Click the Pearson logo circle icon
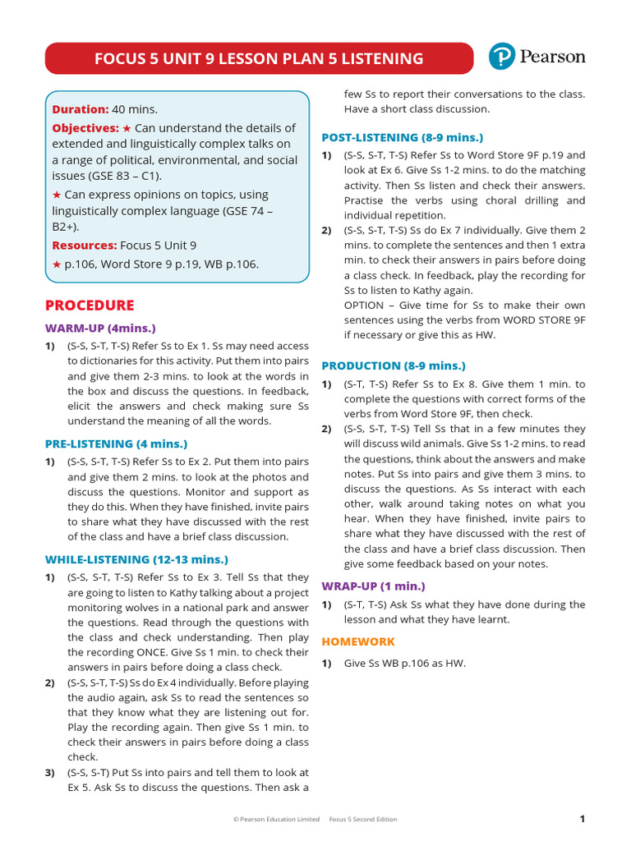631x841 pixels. coord(501,57)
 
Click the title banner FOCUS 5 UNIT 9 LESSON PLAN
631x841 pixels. coord(259,58)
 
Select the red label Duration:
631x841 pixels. coord(80,109)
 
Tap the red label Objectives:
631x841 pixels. coord(85,128)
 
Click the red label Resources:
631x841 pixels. coord(85,245)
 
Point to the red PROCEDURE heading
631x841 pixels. coord(90,306)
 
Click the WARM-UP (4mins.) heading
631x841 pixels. coord(99,328)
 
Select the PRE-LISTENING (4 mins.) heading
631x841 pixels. coord(116,443)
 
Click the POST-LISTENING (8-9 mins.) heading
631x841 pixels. coord(402,137)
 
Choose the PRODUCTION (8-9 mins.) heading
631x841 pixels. coord(393,365)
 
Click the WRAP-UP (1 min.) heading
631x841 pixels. coord(373,586)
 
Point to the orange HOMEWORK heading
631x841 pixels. coord(357,641)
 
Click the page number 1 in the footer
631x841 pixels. coord(582,818)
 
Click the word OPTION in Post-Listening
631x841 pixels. coord(363,305)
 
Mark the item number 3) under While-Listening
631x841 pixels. coord(50,772)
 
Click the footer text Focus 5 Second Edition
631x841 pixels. coord(362,819)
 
